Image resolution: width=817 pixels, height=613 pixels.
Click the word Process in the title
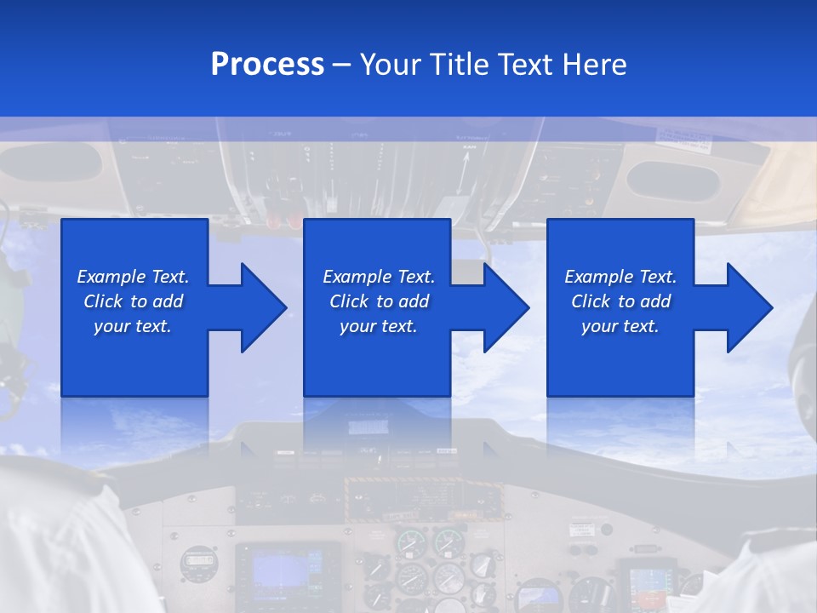[x=267, y=65]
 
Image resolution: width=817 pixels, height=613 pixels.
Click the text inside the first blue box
[x=133, y=301]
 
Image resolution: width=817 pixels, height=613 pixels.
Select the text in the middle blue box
[x=378, y=301]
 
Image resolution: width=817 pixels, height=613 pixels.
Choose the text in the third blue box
[x=620, y=301]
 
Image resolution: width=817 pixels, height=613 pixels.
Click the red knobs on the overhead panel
[x=285, y=220]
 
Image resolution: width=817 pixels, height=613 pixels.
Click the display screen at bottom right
[x=646, y=583]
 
